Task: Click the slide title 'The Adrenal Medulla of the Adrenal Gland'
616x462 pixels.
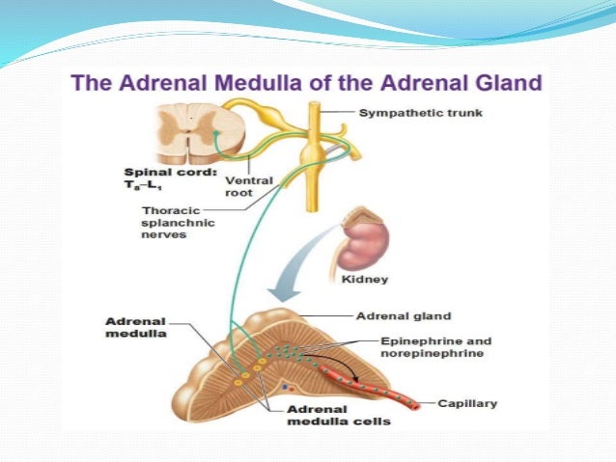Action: pos(307,84)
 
